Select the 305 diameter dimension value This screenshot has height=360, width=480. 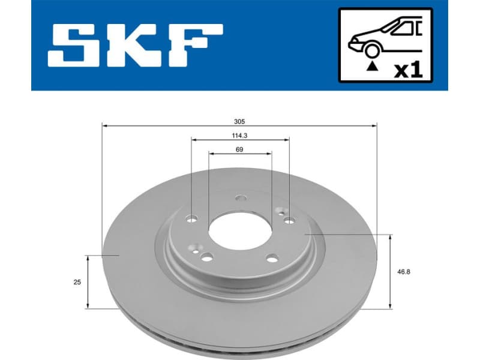(x=239, y=120)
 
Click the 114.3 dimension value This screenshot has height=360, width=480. (x=239, y=135)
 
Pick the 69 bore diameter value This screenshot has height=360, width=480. (x=239, y=149)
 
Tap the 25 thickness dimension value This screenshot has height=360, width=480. (x=77, y=281)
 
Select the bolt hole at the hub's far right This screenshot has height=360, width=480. (x=289, y=220)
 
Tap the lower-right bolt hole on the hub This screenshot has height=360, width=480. (x=272, y=259)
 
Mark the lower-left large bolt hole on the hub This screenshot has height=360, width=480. (x=207, y=257)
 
